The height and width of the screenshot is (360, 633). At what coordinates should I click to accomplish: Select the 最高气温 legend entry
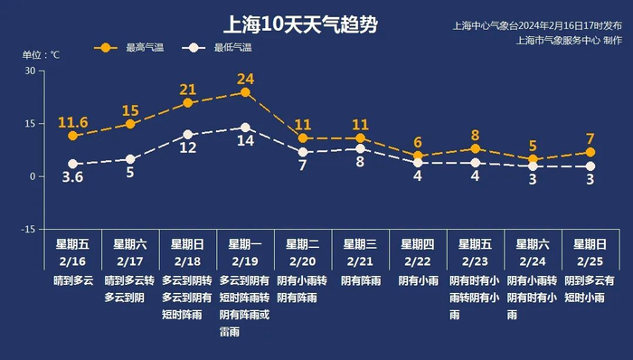pyautogui.click(x=131, y=47)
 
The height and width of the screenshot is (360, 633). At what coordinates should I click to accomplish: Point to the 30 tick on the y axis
pyautogui.click(x=30, y=71)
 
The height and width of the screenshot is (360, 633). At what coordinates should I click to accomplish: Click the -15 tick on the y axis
pyautogui.click(x=28, y=230)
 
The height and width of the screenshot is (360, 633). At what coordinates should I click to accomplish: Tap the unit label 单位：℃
pyautogui.click(x=41, y=55)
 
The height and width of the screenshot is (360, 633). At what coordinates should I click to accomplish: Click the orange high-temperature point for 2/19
pyautogui.click(x=245, y=91)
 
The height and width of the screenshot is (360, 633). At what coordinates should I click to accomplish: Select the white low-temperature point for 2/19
pyautogui.click(x=245, y=128)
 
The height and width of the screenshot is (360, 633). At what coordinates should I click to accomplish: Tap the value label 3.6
pyautogui.click(x=72, y=178)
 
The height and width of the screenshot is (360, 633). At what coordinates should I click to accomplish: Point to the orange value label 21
pyautogui.click(x=188, y=90)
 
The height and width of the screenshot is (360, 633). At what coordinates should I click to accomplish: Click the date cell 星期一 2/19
pyautogui.click(x=245, y=252)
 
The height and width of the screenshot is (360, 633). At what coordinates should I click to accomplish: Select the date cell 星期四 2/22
pyautogui.click(x=417, y=252)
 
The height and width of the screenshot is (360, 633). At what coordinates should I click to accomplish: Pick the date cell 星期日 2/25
pyautogui.click(x=590, y=252)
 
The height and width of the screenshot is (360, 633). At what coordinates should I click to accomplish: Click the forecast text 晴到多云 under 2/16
pyautogui.click(x=73, y=281)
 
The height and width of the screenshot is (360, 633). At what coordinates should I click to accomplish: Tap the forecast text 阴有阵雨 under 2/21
pyautogui.click(x=360, y=281)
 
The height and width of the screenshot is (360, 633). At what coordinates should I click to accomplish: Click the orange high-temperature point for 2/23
pyautogui.click(x=475, y=148)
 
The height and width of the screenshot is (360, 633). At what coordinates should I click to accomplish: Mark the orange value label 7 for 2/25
pyautogui.click(x=590, y=138)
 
